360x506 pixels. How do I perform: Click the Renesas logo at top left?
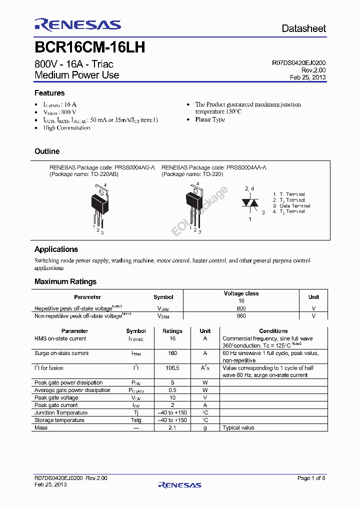coord(77,25)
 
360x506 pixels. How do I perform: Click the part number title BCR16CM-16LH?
coord(90,47)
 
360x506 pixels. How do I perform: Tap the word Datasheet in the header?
coord(303,28)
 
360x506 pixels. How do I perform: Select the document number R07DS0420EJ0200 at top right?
coord(298,63)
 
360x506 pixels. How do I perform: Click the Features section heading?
coord(49,93)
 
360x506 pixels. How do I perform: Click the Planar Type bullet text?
coord(210,120)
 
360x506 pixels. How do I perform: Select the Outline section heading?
coord(47,151)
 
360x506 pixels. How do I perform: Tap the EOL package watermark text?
coord(199,210)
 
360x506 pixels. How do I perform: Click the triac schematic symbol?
coord(249,203)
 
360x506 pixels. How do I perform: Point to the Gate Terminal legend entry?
coord(294,206)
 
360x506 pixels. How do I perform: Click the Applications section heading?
coord(56,249)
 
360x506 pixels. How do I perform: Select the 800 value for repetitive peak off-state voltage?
coord(241,308)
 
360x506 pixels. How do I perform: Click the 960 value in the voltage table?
coord(241,316)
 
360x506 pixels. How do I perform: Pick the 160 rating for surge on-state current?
coord(172,353)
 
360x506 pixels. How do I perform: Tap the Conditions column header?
coord(273,331)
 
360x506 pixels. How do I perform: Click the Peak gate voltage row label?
coord(56,398)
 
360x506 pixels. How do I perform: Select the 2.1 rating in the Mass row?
coord(172,428)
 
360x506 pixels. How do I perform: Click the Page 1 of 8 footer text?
coord(311,478)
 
